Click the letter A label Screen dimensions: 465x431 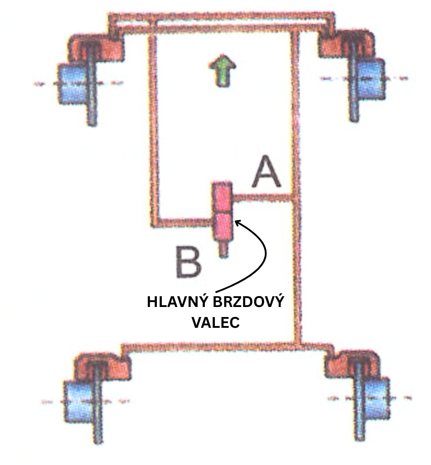pos(267,173)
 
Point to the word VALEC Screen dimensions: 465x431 pos(215,323)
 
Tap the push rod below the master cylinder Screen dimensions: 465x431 pos(223,249)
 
